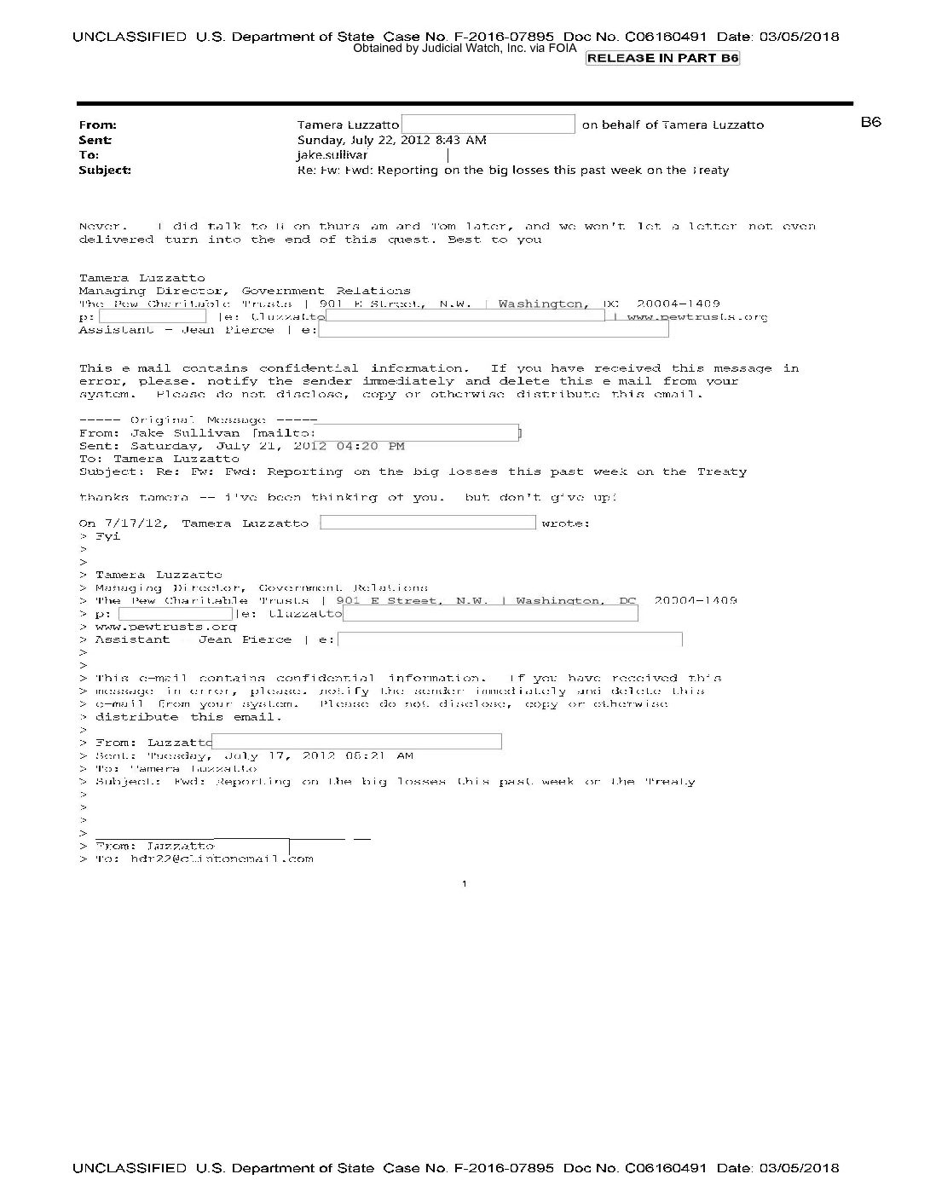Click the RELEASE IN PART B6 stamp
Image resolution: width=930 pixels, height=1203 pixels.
[x=662, y=58]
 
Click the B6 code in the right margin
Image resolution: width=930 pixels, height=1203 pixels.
[x=870, y=122]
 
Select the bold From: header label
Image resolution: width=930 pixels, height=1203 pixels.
[x=97, y=124]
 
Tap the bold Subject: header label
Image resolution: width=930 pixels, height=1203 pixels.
[x=104, y=170]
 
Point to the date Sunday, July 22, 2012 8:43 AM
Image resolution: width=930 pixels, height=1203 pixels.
[x=391, y=140]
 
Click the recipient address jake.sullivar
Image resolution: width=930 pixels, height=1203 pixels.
[x=332, y=155]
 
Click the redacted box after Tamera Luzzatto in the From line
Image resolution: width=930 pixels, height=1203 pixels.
[x=488, y=124]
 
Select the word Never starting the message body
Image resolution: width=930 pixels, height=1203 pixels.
[x=102, y=227]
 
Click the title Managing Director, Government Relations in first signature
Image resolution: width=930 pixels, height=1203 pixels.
[x=245, y=291]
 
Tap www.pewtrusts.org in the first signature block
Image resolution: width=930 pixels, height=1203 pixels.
[x=696, y=317]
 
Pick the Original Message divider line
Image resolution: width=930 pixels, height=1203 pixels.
[x=198, y=420]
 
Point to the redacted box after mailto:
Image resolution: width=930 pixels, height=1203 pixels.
[x=418, y=433]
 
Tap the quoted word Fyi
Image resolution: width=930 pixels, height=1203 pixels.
[x=107, y=536]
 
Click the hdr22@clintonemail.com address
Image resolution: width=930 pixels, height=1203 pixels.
[x=222, y=859]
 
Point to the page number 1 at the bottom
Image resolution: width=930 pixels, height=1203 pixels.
[x=464, y=884]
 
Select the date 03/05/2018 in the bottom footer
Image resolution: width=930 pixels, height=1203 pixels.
[x=799, y=1168]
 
